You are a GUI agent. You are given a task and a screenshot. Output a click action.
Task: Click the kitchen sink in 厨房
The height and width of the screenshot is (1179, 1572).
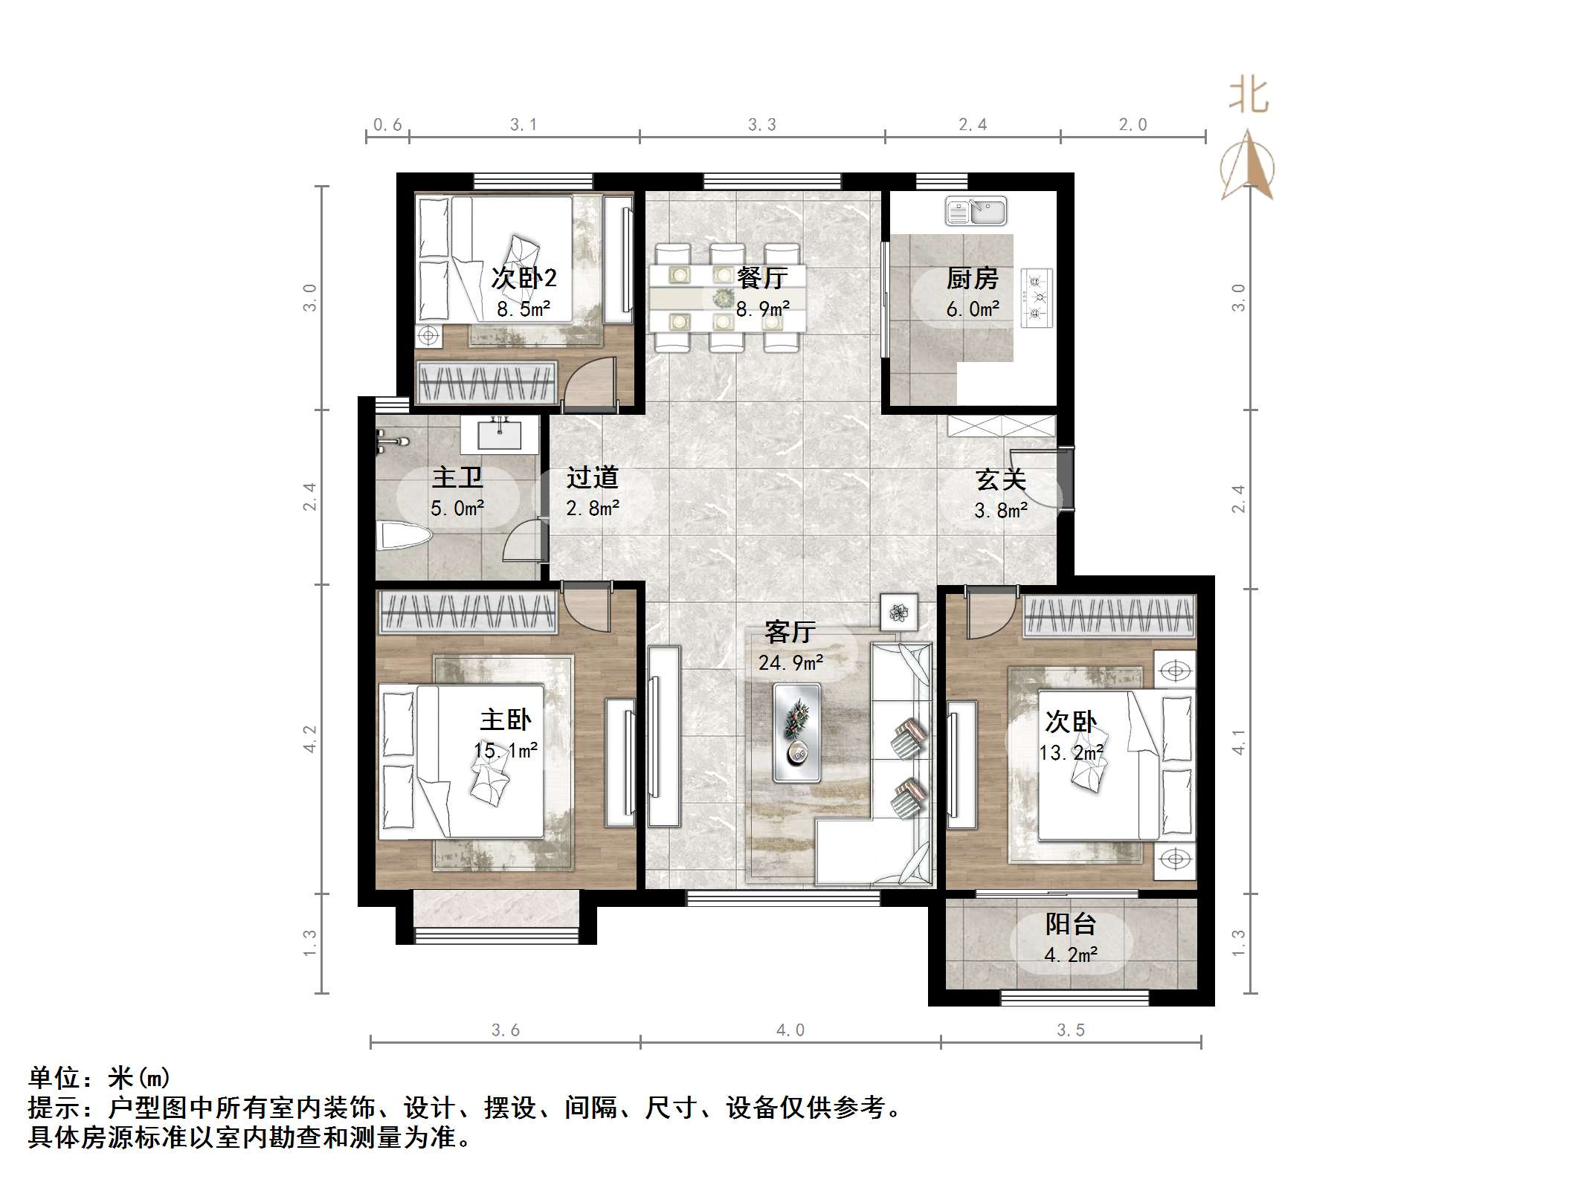pyautogui.click(x=975, y=211)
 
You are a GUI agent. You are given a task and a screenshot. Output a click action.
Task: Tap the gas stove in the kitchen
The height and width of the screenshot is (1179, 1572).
pyautogui.click(x=1037, y=299)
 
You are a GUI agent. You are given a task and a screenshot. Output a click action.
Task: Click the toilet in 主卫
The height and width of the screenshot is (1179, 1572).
pyautogui.click(x=405, y=537)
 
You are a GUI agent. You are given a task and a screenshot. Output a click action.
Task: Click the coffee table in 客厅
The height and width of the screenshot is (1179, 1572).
pyautogui.click(x=796, y=733)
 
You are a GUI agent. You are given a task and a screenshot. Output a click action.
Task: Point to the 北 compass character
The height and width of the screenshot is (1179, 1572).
pyautogui.click(x=1248, y=97)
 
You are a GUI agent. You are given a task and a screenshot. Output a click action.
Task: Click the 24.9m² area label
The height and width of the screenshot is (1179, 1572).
pyautogui.click(x=790, y=662)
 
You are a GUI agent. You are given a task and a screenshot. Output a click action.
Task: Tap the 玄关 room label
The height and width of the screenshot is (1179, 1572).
pyautogui.click(x=1000, y=479)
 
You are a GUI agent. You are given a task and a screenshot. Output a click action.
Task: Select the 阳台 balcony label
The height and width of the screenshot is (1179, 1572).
pyautogui.click(x=1071, y=924)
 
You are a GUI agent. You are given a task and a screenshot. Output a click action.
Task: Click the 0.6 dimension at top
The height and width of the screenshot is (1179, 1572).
pyautogui.click(x=387, y=125)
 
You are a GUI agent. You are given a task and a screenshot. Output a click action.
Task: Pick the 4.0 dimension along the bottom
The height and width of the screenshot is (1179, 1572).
pyautogui.click(x=790, y=1030)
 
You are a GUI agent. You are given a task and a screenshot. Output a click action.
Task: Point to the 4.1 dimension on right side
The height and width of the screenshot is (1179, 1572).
pyautogui.click(x=1238, y=740)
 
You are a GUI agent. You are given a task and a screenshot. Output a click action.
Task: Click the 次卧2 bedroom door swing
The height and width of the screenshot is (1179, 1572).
pyautogui.click(x=591, y=383)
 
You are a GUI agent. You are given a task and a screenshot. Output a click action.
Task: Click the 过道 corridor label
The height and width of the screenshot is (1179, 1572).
pyautogui.click(x=592, y=477)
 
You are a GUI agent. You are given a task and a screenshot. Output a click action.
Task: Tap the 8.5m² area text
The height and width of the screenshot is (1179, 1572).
pyautogui.click(x=524, y=309)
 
